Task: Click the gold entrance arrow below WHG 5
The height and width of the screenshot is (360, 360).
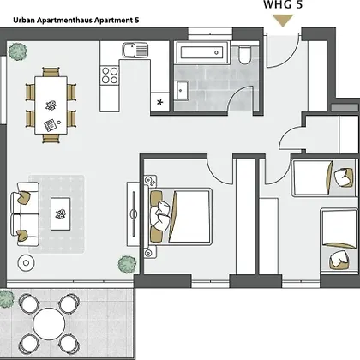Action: point(283,21)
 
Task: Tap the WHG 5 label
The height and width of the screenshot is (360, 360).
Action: point(283,4)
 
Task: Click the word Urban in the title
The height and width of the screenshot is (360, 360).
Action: point(24,21)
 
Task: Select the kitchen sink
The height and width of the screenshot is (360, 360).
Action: point(135,50)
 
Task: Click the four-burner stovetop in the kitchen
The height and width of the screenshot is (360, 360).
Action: point(110,75)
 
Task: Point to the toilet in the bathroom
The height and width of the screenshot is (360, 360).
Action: point(244,55)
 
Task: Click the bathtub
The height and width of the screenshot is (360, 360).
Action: point(202,52)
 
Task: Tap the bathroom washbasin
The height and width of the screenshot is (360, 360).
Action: point(182,91)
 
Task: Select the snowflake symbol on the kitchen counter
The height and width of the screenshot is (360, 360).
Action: point(159,102)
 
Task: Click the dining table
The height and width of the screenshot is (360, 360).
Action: point(51,105)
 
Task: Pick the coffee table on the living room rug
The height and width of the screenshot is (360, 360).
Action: point(60,214)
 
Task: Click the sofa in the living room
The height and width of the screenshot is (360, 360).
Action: point(25,214)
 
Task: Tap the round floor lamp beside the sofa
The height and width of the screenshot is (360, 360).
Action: point(27,263)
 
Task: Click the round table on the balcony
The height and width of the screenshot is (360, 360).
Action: point(49,324)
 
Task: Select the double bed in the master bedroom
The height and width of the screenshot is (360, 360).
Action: point(180,216)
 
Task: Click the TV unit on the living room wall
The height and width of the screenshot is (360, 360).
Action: point(134,213)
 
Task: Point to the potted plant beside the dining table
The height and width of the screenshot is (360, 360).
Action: point(18,51)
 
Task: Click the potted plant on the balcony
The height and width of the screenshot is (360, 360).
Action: point(6,299)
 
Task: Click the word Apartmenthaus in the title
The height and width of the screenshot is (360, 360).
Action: point(65,21)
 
